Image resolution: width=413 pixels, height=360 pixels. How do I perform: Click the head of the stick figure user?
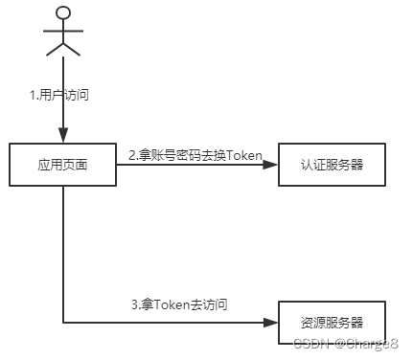(x=63, y=12)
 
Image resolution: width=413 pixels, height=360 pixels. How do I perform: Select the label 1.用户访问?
(x=63, y=97)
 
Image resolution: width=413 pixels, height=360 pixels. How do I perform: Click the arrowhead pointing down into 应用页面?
(x=63, y=138)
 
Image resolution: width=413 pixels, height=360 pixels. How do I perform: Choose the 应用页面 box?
(x=63, y=165)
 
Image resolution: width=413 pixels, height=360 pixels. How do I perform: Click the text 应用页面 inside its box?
(x=63, y=165)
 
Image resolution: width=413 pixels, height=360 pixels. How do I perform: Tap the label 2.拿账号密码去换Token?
(x=195, y=155)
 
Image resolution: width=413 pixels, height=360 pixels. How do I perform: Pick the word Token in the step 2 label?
(x=245, y=155)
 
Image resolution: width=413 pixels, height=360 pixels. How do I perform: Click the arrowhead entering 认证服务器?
(x=272, y=165)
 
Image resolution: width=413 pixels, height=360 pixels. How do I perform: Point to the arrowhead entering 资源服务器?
(x=272, y=322)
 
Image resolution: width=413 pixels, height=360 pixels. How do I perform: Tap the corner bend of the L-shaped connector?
(x=63, y=322)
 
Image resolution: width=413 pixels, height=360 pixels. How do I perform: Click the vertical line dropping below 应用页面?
(x=63, y=249)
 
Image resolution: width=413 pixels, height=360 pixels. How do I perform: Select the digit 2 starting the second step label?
(x=132, y=155)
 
